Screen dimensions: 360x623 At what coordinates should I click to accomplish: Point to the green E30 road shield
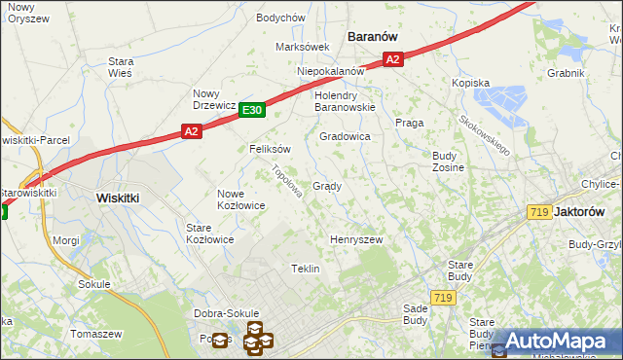pyautogui.click(x=252, y=112)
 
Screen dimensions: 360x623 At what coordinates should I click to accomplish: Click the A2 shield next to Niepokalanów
pyautogui.click(x=392, y=60)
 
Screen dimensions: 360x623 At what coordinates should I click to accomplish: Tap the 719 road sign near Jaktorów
pyautogui.click(x=539, y=212)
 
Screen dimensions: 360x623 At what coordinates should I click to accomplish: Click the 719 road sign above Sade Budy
pyautogui.click(x=443, y=297)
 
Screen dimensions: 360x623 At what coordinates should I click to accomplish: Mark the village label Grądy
pyautogui.click(x=326, y=186)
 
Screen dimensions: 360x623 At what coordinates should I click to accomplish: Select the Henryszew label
pyautogui.click(x=356, y=239)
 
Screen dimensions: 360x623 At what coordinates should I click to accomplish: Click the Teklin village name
pyautogui.click(x=306, y=269)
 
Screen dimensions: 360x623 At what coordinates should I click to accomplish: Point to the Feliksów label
pyautogui.click(x=271, y=149)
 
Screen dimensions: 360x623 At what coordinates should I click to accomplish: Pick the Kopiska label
pyautogui.click(x=470, y=84)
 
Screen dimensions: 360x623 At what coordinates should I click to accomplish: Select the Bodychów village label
pyautogui.click(x=280, y=18)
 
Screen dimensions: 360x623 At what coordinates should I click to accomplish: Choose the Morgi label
pyautogui.click(x=65, y=239)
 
